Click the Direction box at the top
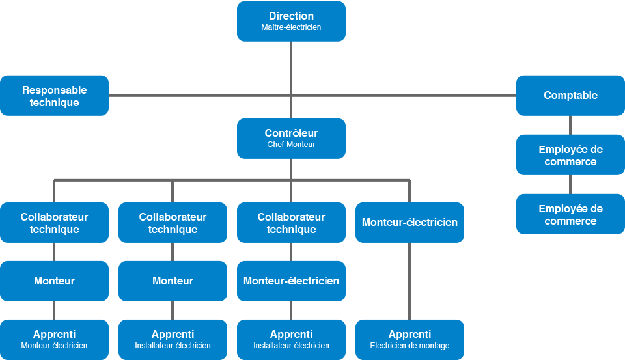point(291,21)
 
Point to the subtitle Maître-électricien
point(291,27)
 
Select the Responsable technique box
point(54,96)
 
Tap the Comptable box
point(570,96)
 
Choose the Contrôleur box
point(291,139)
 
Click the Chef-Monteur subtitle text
point(291,145)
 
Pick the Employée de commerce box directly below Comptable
point(570,155)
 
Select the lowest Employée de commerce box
point(570,214)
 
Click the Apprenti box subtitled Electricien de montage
point(410,340)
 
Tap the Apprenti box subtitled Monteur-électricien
point(54,340)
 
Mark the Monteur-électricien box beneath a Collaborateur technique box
point(291,281)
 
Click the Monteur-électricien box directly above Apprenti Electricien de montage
point(410,223)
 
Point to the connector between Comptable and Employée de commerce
point(570,125)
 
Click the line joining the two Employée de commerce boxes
point(570,185)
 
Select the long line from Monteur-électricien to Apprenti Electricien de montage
point(410,281)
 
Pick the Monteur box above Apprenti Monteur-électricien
point(54,281)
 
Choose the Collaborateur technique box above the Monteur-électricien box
point(291,223)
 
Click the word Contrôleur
point(291,133)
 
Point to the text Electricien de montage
point(410,346)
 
